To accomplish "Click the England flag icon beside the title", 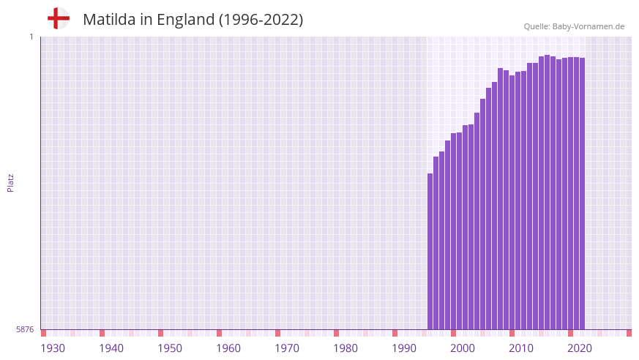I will [x=59, y=18].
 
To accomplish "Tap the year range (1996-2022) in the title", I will [x=261, y=20].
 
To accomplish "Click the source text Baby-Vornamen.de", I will [x=588, y=26].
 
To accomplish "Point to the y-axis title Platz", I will [x=10, y=182].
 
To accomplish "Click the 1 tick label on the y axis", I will [x=31, y=37].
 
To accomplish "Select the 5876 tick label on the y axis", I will [x=25, y=329].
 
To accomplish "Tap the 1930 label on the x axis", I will [x=53, y=348].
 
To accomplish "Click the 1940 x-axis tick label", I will [x=111, y=348].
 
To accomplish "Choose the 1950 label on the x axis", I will [x=170, y=348].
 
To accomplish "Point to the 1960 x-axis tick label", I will [x=228, y=348].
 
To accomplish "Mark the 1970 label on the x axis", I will [x=287, y=348].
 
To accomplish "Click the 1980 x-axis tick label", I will [x=345, y=348].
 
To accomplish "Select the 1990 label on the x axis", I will [x=404, y=348].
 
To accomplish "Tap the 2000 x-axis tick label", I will [x=463, y=348].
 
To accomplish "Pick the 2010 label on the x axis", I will [x=521, y=348].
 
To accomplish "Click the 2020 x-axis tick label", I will [x=580, y=348].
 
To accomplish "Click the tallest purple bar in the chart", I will [x=548, y=192].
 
